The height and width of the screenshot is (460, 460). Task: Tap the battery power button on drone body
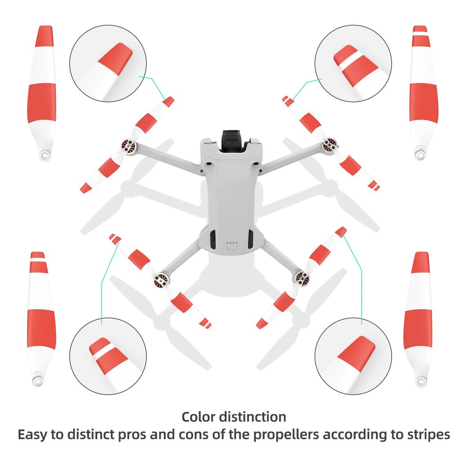pos(232,246)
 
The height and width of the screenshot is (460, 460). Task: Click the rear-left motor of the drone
pos(162,280)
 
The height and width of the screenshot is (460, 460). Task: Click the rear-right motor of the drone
pos(301,277)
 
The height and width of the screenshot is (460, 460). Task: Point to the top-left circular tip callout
pos(108,63)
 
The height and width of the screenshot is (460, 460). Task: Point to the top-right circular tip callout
pos(353,63)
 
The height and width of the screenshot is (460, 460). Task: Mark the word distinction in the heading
pos(253,416)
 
